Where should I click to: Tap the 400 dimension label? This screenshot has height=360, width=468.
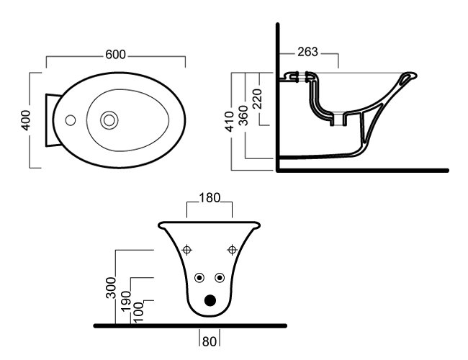click(26, 120)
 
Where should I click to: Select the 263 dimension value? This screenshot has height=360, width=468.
click(307, 52)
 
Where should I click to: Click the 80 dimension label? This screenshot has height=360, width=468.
click(210, 338)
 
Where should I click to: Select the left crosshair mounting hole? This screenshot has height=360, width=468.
click(187, 250)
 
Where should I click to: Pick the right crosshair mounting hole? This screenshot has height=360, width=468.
click(232, 250)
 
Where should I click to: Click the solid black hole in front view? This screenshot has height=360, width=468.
click(210, 301)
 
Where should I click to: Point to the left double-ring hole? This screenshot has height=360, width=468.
click(200, 278)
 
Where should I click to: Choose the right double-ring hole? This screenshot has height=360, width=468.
click(220, 278)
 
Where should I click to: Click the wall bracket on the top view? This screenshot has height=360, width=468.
click(50, 120)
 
